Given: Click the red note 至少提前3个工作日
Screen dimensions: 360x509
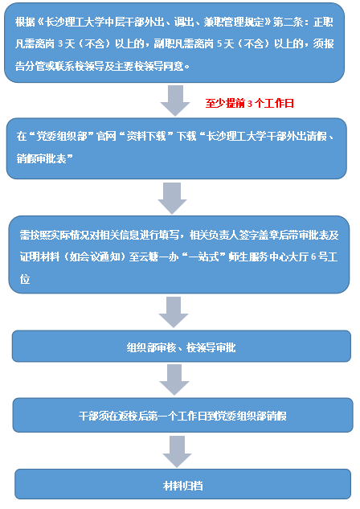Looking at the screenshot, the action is (x=249, y=103).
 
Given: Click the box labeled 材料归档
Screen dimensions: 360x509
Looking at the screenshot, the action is (x=183, y=484).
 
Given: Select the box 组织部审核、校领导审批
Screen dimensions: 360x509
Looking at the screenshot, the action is (x=182, y=346).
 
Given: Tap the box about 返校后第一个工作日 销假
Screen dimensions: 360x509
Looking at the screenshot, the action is (x=182, y=415).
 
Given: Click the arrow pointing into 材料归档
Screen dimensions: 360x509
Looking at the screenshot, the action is (x=177, y=451).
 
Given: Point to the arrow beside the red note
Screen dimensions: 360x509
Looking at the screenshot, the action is (x=175, y=101).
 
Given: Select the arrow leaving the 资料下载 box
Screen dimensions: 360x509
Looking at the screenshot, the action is (x=172, y=198).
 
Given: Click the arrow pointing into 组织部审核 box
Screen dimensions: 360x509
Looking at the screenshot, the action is (x=174, y=312).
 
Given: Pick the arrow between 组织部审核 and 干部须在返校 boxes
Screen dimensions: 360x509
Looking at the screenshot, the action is (x=174, y=380).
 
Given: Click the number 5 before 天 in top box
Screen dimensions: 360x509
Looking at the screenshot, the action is (x=219, y=43).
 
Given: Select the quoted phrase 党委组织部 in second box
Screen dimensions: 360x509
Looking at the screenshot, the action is (x=62, y=136).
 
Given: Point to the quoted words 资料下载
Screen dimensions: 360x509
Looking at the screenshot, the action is (x=146, y=136).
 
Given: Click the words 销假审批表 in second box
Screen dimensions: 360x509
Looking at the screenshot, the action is (x=41, y=158).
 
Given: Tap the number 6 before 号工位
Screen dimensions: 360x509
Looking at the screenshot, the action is (x=313, y=257).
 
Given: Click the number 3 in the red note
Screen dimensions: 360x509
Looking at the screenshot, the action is (x=250, y=104).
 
